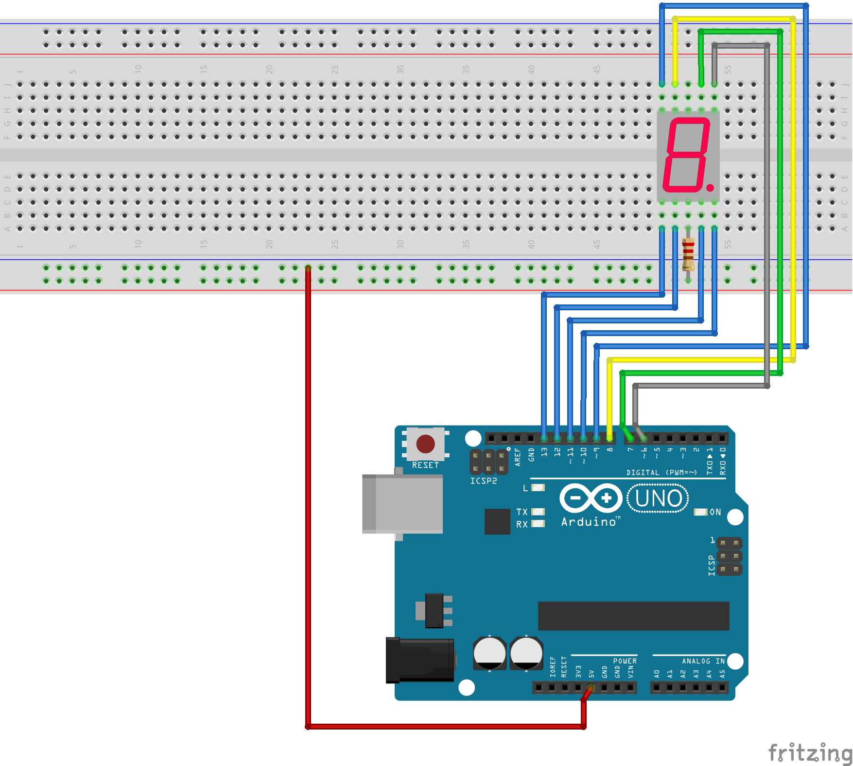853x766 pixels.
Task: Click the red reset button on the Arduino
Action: (425, 444)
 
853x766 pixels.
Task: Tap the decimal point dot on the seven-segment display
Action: (710, 187)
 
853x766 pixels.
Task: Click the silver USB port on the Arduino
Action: (402, 504)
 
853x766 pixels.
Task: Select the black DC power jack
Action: (419, 660)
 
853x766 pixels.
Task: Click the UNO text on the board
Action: (658, 499)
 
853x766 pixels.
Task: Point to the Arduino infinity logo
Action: (591, 498)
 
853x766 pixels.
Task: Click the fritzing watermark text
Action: (809, 752)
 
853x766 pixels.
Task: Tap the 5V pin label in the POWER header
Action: (592, 674)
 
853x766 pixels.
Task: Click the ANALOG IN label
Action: (703, 661)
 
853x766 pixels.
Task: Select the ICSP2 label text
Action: (483, 481)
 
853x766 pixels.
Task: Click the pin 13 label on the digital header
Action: (544, 452)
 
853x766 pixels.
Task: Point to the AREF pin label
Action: (518, 457)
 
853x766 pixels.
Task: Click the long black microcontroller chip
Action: (633, 616)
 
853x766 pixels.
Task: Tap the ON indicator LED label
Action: (715, 512)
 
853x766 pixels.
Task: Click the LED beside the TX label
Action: (538, 512)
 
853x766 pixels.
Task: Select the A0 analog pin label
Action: (657, 674)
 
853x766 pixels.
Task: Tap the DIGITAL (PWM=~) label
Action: (661, 472)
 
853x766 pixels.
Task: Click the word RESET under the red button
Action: (425, 465)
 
